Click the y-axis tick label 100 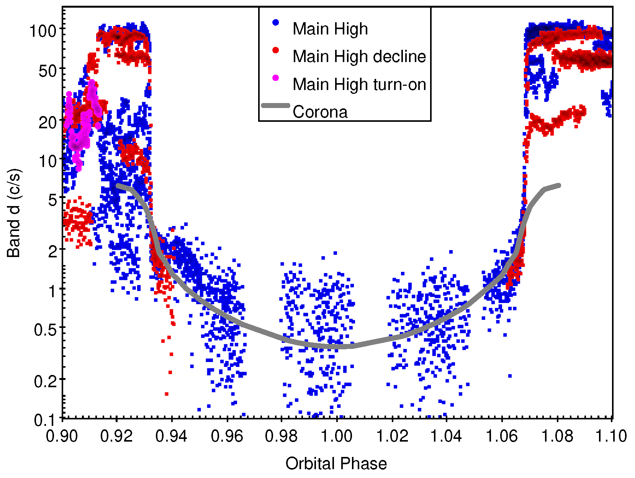coord(43,30)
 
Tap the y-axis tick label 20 coord(47,123)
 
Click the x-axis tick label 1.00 coord(336,436)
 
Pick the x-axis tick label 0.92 coord(116,436)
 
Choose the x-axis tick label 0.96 coord(227,436)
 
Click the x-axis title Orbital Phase coord(336,463)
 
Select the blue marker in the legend coord(275,23)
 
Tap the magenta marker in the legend coord(275,78)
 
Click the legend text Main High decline coord(359,56)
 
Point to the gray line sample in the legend coord(275,105)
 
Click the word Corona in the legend coord(320,112)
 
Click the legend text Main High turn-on coord(359,84)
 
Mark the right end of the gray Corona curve coord(559,185)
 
